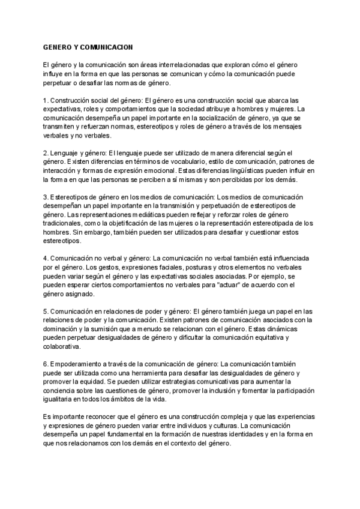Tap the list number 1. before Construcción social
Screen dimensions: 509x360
pos(46,100)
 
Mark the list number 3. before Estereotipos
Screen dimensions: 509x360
pos(46,197)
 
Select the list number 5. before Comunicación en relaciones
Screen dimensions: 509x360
pos(46,311)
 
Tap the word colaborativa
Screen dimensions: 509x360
pos(64,348)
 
